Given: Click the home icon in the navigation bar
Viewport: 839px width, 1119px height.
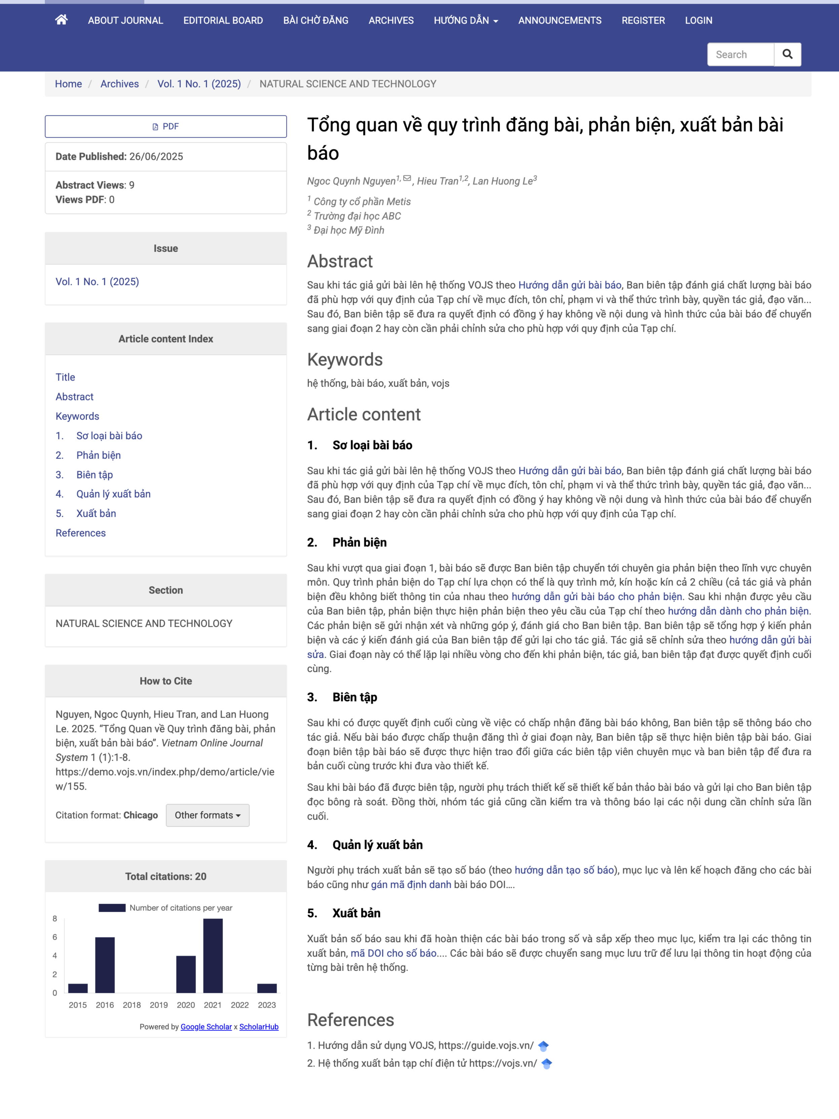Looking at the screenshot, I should [61, 20].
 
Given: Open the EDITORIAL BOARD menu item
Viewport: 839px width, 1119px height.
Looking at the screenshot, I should [223, 20].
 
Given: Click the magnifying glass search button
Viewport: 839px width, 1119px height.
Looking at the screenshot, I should [787, 54].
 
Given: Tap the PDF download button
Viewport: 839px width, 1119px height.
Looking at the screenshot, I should [166, 127].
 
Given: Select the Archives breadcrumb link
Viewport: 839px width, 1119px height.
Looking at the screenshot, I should [119, 84].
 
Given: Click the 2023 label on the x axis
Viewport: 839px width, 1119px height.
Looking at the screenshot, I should [267, 1005].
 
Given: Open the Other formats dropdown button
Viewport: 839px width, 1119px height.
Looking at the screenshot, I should [207, 815].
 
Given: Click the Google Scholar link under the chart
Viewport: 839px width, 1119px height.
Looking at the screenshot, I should [206, 1026].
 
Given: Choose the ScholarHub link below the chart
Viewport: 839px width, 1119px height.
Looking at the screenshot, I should [259, 1026].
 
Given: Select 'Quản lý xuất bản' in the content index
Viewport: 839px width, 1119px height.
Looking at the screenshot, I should [113, 494].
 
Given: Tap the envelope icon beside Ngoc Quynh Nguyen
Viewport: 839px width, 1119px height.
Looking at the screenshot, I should [407, 178].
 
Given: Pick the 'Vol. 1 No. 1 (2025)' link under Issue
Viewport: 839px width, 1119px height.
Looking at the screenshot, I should [97, 282].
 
